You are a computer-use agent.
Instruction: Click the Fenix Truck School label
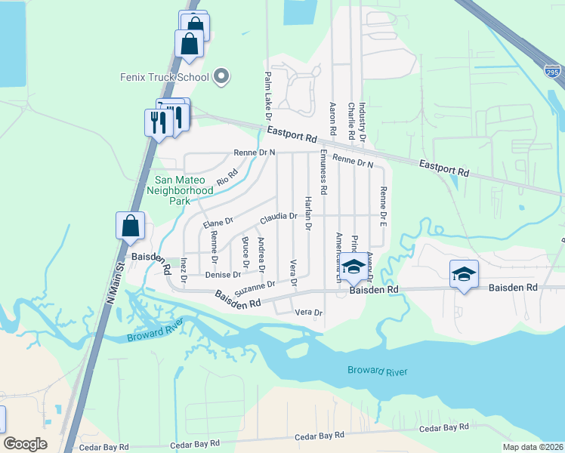164,76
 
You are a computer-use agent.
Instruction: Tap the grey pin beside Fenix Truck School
221,75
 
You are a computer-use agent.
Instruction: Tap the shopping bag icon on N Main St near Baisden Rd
131,226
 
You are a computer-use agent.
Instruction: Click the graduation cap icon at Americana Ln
354,267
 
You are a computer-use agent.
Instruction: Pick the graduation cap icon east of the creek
464,274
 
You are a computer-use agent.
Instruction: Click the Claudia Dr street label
278,217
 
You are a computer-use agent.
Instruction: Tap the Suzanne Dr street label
255,288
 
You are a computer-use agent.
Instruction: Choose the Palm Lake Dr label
267,94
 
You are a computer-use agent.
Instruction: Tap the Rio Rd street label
227,177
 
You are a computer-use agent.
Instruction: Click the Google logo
26,444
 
